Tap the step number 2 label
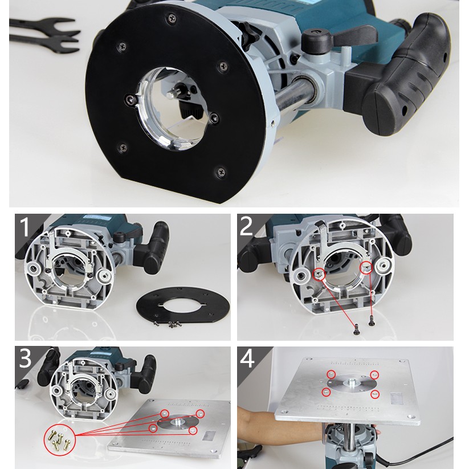click(246, 226)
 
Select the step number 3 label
click(25, 358)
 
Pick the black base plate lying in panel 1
click(183, 305)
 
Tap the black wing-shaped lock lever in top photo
click(337, 37)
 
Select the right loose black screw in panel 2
click(372, 322)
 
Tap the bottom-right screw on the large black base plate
click(221, 172)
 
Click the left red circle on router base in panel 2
click(320, 274)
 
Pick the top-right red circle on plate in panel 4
click(374, 374)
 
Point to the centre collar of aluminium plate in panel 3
click(178, 422)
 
